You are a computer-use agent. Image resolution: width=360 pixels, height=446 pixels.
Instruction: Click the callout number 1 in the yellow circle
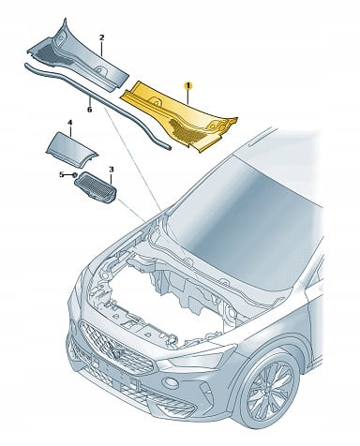[x=188, y=85]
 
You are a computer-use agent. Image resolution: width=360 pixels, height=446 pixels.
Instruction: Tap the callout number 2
[x=101, y=37]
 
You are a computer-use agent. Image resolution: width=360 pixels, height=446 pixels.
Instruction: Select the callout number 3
[x=112, y=170]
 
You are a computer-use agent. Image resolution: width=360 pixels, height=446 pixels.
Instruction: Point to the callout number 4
[x=70, y=122]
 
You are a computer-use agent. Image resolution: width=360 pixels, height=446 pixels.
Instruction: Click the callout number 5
[x=62, y=174]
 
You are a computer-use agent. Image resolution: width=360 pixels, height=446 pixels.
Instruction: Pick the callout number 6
[x=89, y=110]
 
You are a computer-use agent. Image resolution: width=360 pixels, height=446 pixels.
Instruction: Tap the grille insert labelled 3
[x=96, y=187]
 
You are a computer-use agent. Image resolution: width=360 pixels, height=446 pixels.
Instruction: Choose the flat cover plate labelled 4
[x=71, y=145]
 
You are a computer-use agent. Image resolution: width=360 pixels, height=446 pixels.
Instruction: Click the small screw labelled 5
[x=75, y=175]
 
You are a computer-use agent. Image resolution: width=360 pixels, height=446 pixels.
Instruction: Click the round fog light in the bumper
[x=171, y=383]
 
